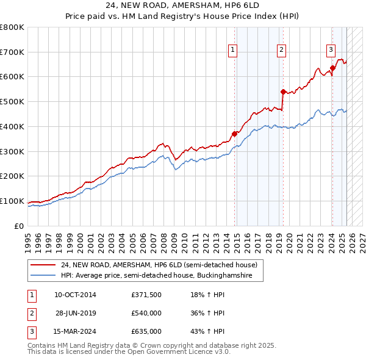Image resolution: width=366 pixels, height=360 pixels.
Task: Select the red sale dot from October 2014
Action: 234,134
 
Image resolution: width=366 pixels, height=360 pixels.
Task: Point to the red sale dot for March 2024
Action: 332,68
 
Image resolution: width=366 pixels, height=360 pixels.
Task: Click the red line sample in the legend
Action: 43,265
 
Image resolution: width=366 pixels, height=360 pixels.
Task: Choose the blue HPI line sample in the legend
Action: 43,276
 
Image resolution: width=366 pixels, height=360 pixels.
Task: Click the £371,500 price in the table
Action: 146,295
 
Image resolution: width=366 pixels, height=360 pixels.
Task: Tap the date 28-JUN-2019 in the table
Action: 76,313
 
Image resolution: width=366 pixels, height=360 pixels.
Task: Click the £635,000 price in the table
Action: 146,331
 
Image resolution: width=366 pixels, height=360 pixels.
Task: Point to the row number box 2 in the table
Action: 31,313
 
